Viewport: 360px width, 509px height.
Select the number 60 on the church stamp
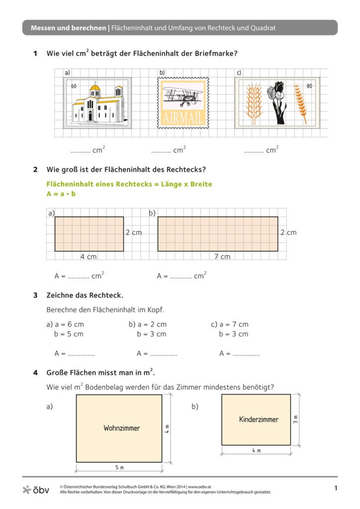coord(74,86)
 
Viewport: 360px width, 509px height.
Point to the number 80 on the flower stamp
coord(309,86)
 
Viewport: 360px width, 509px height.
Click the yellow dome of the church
coord(95,89)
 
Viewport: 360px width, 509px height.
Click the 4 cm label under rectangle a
coord(89,256)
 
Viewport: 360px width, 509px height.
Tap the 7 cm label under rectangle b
coord(222,256)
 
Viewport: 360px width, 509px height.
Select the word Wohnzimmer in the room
coord(122,428)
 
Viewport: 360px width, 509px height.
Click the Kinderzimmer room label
coord(259,419)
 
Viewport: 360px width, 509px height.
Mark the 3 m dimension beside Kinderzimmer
coord(295,420)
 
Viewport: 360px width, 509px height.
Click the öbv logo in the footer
coord(36,490)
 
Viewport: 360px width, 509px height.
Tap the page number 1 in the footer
coord(336,489)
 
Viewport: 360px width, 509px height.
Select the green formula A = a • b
coord(61,194)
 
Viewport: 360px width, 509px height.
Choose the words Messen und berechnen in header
coord(68,28)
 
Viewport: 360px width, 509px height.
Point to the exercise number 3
coord(35,295)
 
